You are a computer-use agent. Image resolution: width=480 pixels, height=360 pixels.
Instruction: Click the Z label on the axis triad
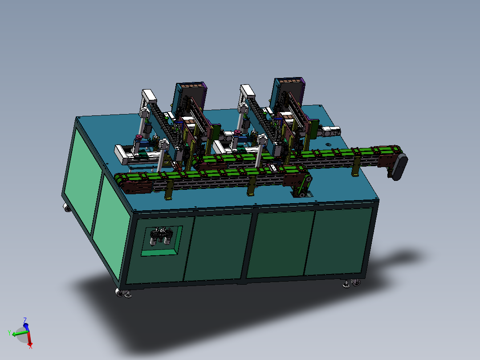click(25, 320)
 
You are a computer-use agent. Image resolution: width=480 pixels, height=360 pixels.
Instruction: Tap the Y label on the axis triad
click(9, 332)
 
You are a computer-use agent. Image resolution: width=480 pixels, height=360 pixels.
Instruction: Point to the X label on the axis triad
click(30, 347)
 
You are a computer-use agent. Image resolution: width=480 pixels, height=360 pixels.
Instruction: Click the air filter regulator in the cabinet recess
click(161, 236)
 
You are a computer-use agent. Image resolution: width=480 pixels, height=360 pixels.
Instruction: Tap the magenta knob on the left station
click(138, 137)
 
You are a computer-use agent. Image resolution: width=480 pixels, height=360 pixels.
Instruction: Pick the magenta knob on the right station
click(237, 132)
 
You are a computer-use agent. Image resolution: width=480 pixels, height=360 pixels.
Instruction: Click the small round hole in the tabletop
click(329, 144)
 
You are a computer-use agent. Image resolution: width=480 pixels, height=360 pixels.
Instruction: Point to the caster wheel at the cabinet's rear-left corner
click(67, 208)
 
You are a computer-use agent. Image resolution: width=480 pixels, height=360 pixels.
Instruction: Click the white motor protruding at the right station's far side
click(330, 131)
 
